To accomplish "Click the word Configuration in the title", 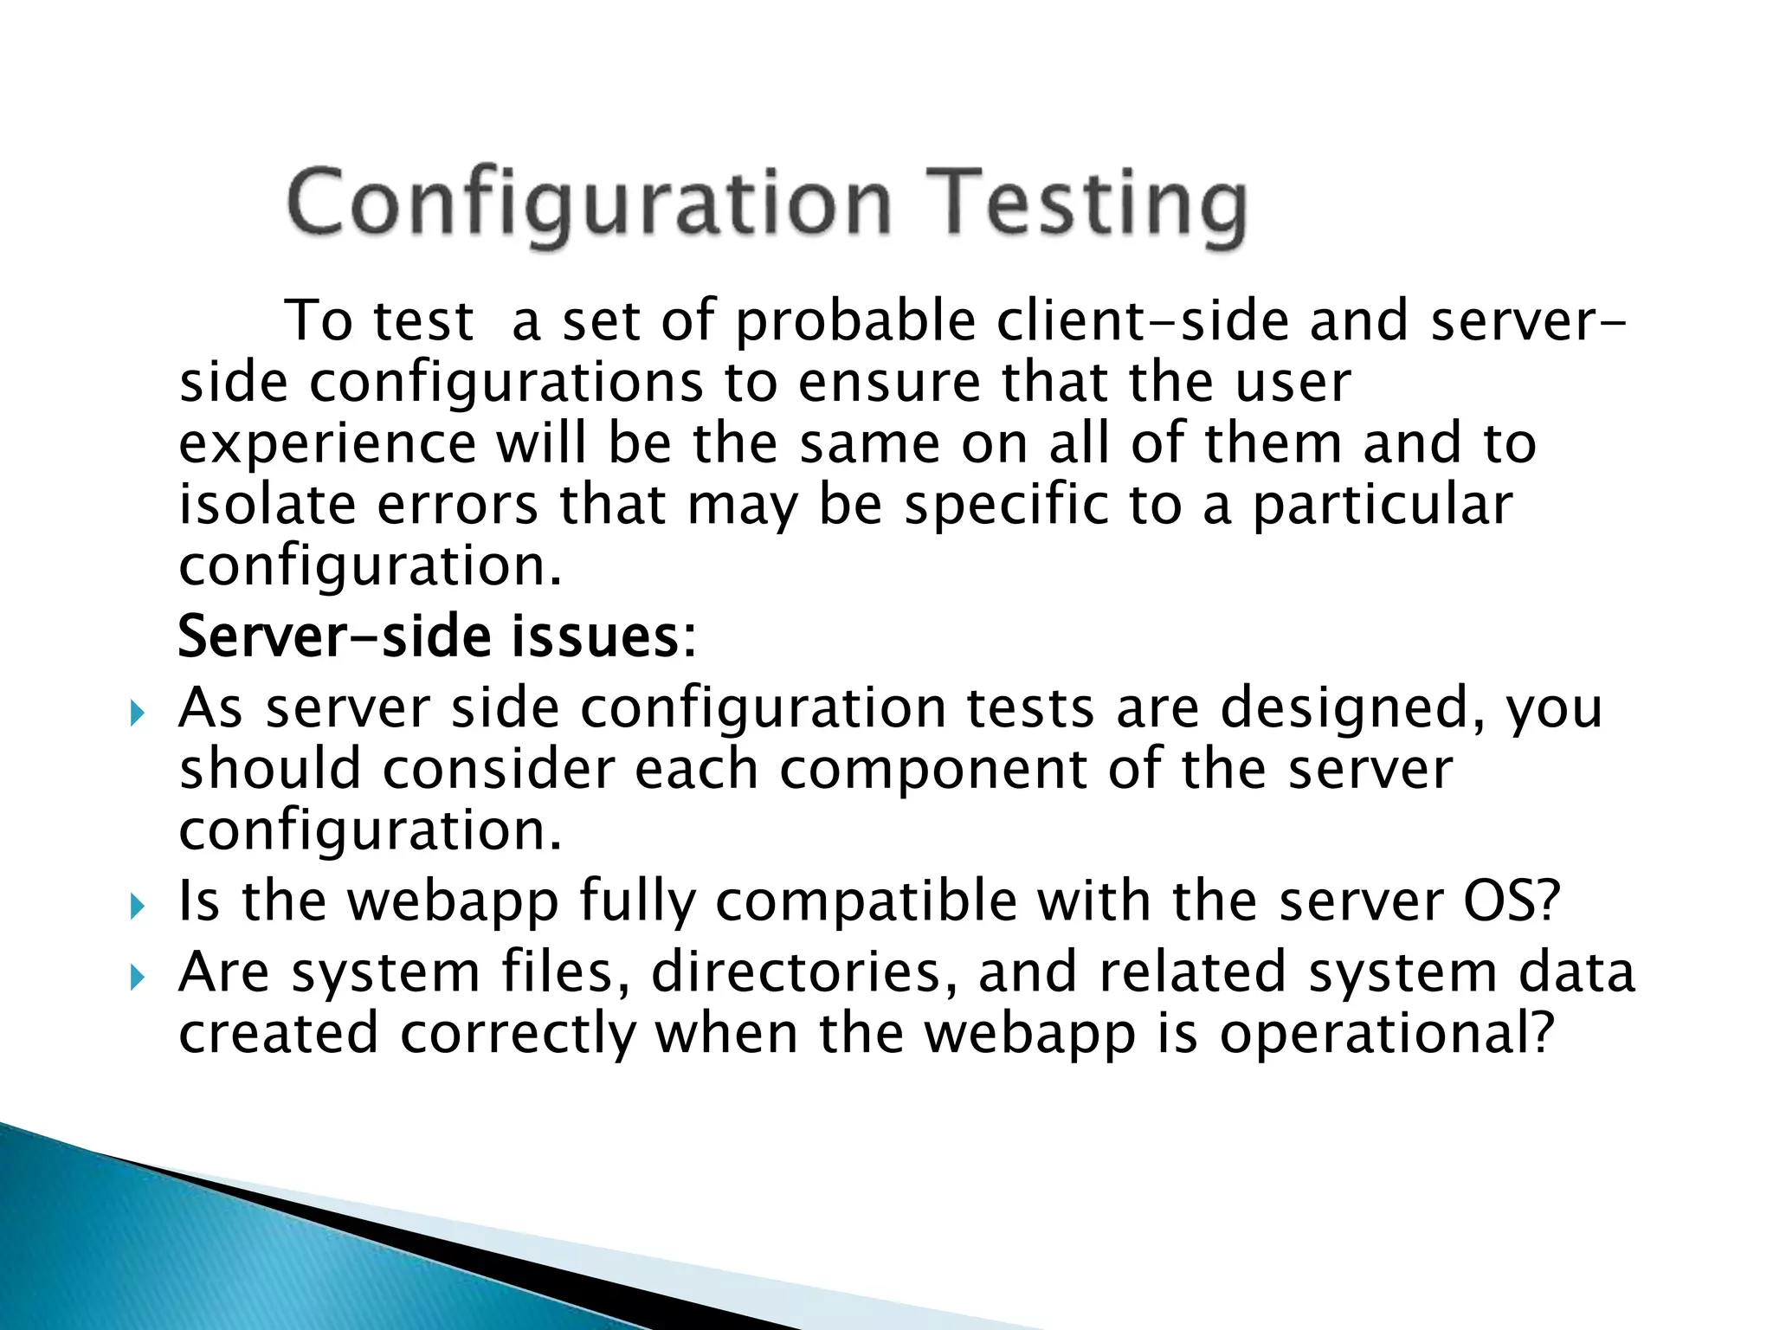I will pos(589,203).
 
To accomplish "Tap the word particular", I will pos(1383,507).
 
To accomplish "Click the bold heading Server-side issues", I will pos(436,636).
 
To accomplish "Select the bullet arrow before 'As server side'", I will pos(137,714).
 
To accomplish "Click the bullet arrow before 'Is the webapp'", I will pos(137,907).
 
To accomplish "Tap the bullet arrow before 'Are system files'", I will pos(137,978).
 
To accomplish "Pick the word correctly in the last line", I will pos(517,1035).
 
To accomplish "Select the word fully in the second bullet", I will pos(636,902).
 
